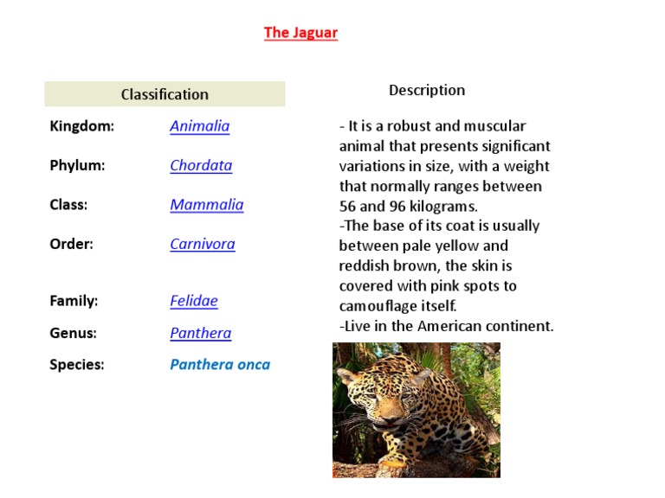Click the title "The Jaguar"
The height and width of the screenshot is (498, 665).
[300, 33]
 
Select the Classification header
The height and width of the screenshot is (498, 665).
[165, 94]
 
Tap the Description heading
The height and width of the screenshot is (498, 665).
[427, 90]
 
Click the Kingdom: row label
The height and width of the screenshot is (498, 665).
[82, 126]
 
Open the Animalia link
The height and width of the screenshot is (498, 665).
[200, 126]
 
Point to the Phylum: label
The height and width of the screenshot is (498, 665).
[77, 165]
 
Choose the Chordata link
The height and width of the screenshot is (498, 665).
[201, 165]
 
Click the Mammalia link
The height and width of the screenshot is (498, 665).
[207, 205]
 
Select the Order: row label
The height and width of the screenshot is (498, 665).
[71, 244]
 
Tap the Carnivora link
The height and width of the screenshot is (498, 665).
[203, 244]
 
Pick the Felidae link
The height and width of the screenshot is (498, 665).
[194, 301]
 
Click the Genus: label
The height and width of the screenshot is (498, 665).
[74, 333]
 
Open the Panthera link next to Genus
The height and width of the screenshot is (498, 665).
[201, 333]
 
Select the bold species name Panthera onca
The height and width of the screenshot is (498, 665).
[220, 364]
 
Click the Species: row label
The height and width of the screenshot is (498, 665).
[77, 364]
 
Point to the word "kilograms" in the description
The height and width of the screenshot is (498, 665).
[440, 207]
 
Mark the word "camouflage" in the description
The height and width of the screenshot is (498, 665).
[379, 306]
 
